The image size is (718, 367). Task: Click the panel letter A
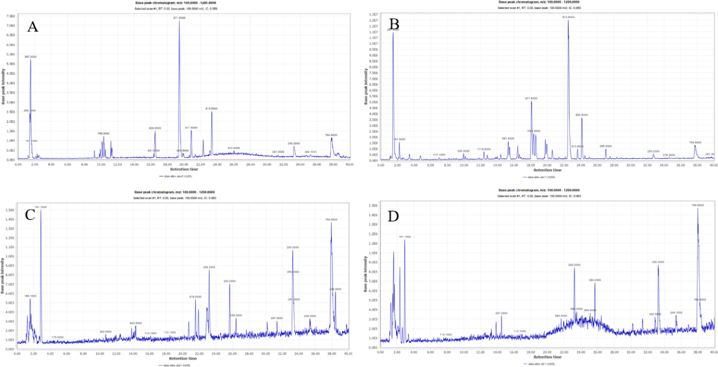[x=32, y=27]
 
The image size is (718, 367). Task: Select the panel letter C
[x=30, y=215]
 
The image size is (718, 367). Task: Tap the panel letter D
[x=393, y=216]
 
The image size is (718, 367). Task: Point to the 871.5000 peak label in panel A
[x=179, y=18]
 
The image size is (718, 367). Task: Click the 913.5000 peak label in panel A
[x=211, y=109]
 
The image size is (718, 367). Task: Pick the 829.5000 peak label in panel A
[x=155, y=128]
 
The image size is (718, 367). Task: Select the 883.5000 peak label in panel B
[x=582, y=115]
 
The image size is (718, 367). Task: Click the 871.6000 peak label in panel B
[x=531, y=98]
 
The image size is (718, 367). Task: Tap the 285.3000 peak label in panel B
[x=606, y=146]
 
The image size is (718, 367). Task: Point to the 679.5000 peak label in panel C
[x=195, y=297]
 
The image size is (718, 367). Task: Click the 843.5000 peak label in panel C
[x=136, y=323]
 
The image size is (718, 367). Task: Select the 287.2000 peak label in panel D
[x=501, y=313]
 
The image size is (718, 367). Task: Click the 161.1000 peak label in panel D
[x=405, y=237]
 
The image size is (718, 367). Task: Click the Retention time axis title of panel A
[x=184, y=169]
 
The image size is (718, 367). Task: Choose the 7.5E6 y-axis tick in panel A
[x=11, y=16]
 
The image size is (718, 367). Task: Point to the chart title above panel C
[x=174, y=192]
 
